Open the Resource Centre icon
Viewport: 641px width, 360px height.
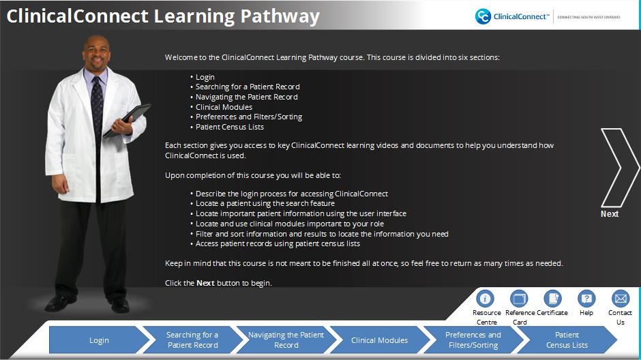tap(485, 299)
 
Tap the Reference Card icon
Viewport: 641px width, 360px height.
tap(519, 299)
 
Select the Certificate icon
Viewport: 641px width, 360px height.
tap(552, 299)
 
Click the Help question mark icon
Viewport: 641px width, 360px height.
tap(586, 299)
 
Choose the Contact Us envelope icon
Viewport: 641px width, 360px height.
tap(621, 299)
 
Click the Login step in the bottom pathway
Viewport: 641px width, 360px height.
tap(100, 340)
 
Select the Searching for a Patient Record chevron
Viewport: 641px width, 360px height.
tap(193, 340)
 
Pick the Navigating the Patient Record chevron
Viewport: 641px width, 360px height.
tap(286, 340)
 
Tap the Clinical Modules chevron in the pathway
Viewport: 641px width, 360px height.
tap(380, 340)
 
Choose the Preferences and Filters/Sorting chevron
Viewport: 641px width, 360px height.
tap(473, 340)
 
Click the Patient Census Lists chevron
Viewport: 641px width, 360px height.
tap(567, 340)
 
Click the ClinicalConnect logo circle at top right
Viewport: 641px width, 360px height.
tap(483, 16)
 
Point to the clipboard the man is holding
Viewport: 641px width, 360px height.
tap(127, 121)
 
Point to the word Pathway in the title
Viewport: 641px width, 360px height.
tap(280, 17)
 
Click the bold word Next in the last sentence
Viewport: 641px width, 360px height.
tap(206, 283)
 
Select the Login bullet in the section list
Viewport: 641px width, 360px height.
tap(205, 77)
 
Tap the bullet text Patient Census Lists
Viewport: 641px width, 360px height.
tap(230, 127)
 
